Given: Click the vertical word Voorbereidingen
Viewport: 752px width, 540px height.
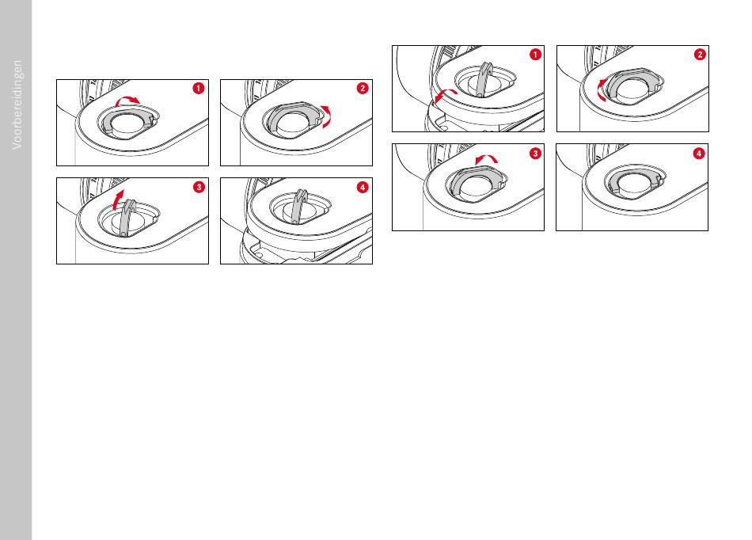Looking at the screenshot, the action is tap(17, 105).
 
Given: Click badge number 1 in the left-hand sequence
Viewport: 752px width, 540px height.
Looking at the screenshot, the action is tap(199, 88).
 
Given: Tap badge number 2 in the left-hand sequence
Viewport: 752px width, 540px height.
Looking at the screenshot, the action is tap(363, 88).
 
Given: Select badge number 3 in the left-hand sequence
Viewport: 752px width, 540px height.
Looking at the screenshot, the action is tap(199, 187).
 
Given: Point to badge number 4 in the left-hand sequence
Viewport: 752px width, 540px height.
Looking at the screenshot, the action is tap(363, 187).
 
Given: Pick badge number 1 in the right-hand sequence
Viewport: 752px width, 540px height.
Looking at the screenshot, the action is tap(535, 54).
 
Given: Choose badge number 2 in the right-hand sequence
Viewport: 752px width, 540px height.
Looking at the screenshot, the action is tap(700, 54).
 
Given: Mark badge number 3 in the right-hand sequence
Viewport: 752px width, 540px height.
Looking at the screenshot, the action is tap(535, 154).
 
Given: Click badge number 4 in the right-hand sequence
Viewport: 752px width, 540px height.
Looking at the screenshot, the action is tap(699, 154).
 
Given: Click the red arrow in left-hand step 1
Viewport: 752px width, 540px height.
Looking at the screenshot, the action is tap(127, 98).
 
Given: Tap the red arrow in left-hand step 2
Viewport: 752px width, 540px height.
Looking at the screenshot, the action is tap(328, 116).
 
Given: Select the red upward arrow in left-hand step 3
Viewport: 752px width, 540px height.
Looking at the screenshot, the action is tap(117, 199).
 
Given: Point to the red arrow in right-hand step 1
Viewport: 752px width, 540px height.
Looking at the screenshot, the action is tap(443, 93).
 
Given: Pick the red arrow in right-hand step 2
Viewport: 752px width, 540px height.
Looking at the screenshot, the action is tap(600, 89).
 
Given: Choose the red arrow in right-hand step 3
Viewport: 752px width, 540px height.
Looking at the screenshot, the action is tap(486, 157).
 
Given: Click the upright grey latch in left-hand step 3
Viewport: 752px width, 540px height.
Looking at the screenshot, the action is tap(127, 217).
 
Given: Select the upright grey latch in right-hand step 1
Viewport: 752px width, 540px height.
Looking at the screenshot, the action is tap(484, 80).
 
